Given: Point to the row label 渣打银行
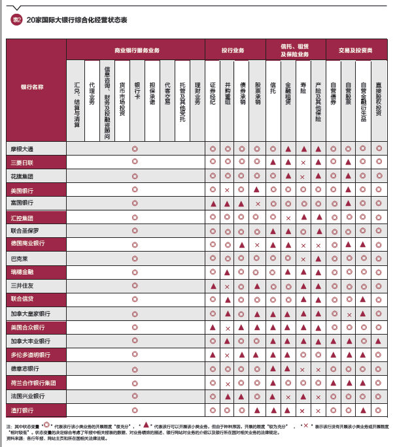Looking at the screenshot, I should point(22,410).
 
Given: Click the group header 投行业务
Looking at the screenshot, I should point(233,50).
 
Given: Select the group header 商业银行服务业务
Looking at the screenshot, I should point(136,50).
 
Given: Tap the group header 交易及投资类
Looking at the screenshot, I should point(356,50).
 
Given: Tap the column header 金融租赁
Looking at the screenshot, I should point(288,92).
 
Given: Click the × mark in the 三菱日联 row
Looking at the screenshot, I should point(303,162).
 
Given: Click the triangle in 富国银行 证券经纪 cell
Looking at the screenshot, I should point(213,204).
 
